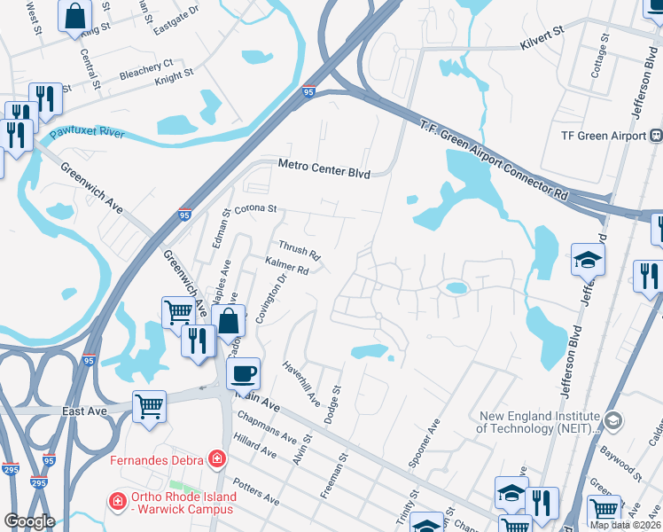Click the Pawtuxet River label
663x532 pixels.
click(88, 133)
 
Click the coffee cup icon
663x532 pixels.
click(242, 374)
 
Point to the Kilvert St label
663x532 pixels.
click(542, 33)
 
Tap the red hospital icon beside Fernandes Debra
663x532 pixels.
click(215, 459)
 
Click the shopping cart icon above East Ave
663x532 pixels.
click(149, 407)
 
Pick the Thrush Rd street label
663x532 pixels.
click(299, 251)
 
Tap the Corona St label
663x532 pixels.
click(256, 208)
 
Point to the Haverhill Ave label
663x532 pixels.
click(300, 383)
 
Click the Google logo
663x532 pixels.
click(29, 520)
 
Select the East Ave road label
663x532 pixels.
click(87, 411)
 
